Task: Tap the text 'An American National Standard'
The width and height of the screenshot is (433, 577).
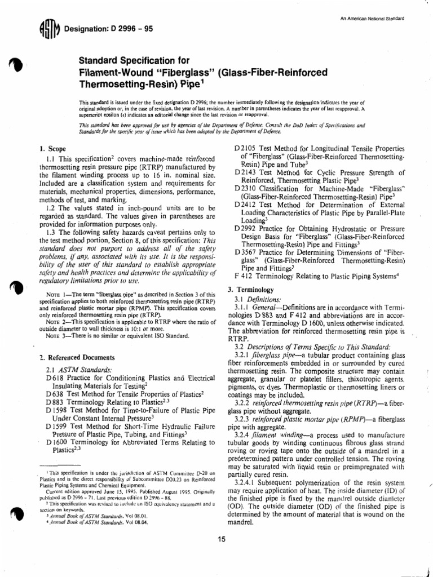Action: pyautogui.click(x=373, y=19)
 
